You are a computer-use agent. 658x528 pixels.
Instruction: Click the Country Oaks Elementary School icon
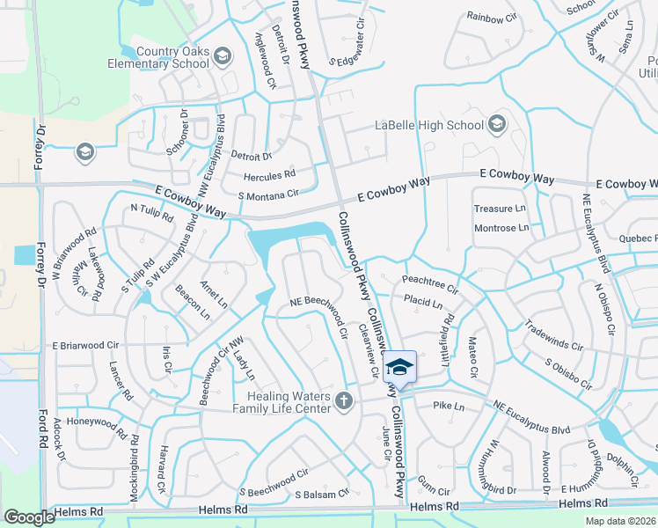pos(223,57)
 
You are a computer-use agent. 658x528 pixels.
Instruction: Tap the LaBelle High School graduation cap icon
pos(498,124)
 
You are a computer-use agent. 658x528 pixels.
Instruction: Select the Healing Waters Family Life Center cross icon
pos(344,402)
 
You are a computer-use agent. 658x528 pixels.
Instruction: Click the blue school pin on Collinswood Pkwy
pos(400,368)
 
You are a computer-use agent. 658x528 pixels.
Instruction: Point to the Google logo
pos(29,517)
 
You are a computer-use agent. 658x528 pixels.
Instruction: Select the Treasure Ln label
pos(500,209)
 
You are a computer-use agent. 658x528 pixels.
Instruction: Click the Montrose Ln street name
pos(501,227)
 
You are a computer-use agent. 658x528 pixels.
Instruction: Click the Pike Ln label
pos(449,407)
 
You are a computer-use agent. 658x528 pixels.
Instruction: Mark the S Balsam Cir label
pos(323,495)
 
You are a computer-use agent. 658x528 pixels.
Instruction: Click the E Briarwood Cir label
pos(85,346)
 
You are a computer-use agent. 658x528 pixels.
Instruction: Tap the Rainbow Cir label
pos(491,18)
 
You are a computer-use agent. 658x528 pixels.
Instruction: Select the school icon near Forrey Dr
pos(84,152)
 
